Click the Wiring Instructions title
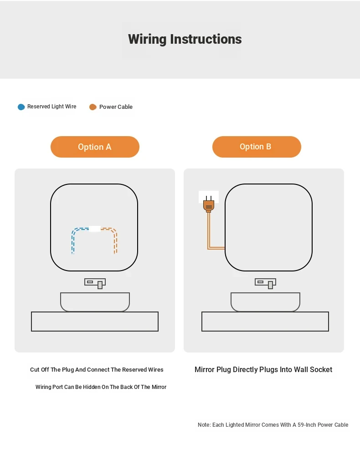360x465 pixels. pyautogui.click(x=185, y=40)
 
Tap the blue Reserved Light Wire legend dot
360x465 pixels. pyautogui.click(x=21, y=107)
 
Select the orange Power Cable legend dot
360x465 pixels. pyautogui.click(x=93, y=107)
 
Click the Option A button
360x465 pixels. pyautogui.click(x=95, y=147)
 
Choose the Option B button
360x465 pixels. pyautogui.click(x=257, y=147)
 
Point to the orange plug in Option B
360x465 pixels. pyautogui.click(x=209, y=204)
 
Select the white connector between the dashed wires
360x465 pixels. pyautogui.click(x=95, y=229)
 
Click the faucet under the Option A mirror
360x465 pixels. pyautogui.click(x=95, y=283)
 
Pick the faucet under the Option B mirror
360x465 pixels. pyautogui.click(x=265, y=283)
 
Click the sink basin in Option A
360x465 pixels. pyautogui.click(x=95, y=302)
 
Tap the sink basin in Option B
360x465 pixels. pyautogui.click(x=265, y=302)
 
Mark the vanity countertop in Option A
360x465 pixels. pyautogui.click(x=95, y=322)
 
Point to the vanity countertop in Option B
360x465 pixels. pyautogui.click(x=265, y=322)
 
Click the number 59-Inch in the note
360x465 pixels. pyautogui.click(x=307, y=424)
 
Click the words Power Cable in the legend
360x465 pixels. pyautogui.click(x=116, y=107)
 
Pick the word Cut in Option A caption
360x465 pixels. pyautogui.click(x=35, y=369)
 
